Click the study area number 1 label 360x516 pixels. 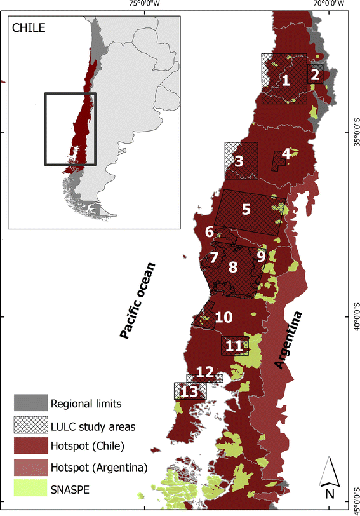[286, 81]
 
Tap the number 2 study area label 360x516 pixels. [315, 74]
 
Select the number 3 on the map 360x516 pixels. [239, 161]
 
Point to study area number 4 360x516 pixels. [286, 154]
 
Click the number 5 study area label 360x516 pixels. [246, 208]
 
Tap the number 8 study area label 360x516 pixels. [233, 268]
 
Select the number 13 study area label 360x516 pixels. [189, 392]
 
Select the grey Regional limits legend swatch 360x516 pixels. [30, 403]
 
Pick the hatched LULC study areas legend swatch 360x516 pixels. [30, 424]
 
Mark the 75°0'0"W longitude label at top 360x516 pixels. [144, 4]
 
